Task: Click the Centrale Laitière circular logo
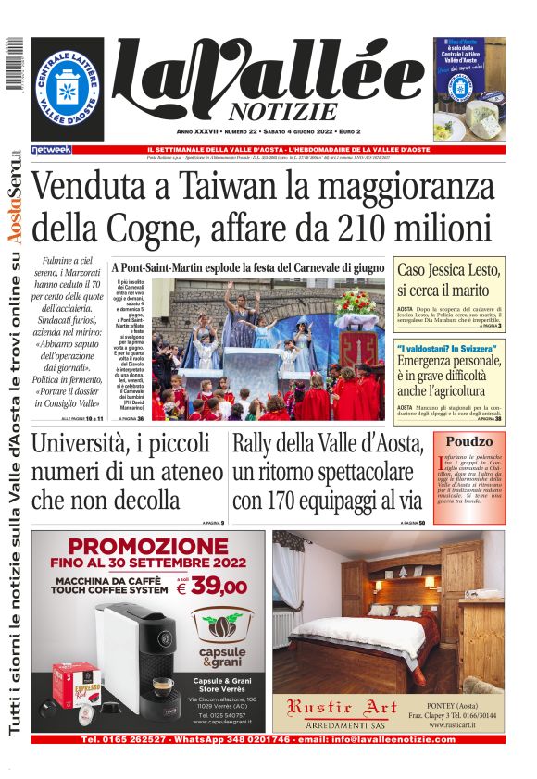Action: [x=68, y=90]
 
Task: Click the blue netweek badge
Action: [x=51, y=149]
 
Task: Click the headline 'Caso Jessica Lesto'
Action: [x=449, y=270]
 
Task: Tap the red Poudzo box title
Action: [x=468, y=441]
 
